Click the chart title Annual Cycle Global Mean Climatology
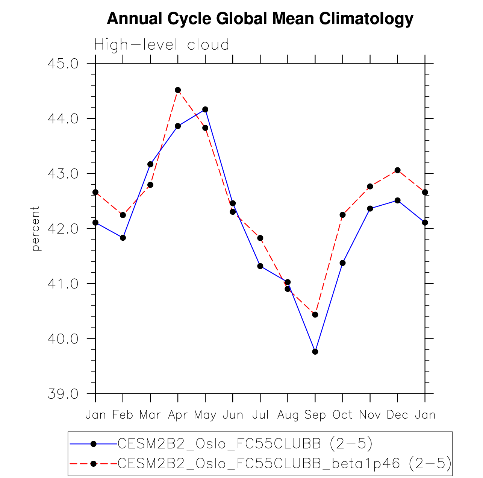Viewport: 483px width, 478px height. point(260,18)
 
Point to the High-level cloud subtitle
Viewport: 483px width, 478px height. point(162,45)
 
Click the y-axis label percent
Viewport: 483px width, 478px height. point(35,228)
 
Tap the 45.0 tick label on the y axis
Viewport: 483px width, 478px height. point(63,64)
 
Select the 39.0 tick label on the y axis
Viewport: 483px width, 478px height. point(63,394)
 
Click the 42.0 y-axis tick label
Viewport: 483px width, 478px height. point(63,229)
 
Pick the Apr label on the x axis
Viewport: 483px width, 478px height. point(178,415)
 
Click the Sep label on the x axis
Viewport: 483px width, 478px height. point(315,415)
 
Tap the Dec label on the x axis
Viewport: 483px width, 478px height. point(397,415)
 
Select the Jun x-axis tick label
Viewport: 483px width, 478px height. point(233,415)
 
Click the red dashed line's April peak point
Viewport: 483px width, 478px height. point(178,90)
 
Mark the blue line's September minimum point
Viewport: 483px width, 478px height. point(315,352)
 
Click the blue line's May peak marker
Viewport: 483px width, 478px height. point(205,109)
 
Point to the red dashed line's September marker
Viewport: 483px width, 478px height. point(315,315)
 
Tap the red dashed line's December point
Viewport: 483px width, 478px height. point(397,170)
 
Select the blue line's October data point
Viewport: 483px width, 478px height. point(342,263)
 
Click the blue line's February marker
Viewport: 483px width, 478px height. point(123,238)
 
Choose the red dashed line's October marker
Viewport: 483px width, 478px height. point(342,215)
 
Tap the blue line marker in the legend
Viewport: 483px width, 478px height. point(94,444)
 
